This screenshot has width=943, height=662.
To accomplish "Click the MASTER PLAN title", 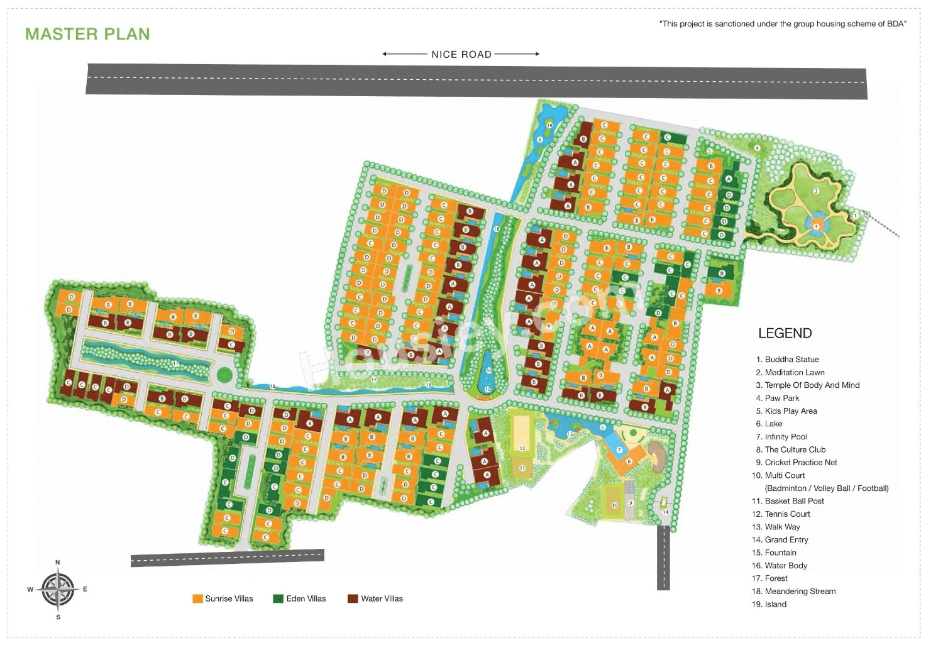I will [x=87, y=34].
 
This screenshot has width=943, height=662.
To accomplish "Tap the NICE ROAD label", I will [x=461, y=55].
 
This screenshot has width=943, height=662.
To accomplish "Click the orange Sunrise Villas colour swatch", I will [x=197, y=599].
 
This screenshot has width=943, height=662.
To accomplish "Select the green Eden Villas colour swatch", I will [x=278, y=599].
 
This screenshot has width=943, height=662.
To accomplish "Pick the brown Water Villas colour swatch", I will [x=353, y=599].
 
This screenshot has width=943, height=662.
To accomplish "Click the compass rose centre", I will [x=58, y=590].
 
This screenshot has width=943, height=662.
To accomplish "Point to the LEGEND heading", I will [x=785, y=333].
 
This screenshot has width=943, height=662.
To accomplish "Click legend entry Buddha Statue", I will [x=791, y=360].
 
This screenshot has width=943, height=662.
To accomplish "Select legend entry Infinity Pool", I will [x=785, y=437].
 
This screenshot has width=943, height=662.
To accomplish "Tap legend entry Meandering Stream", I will [x=800, y=592].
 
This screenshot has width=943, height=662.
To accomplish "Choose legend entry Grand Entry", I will [x=786, y=540].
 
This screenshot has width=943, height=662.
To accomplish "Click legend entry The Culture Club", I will [x=795, y=450].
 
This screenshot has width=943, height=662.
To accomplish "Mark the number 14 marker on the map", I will [x=665, y=512].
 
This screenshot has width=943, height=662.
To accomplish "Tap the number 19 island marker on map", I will [x=549, y=125].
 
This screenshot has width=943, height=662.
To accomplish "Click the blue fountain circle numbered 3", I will [x=816, y=226].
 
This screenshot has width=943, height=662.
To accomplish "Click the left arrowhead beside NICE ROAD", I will [x=385, y=54].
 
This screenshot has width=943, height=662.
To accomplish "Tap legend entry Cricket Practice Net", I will [x=800, y=463].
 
